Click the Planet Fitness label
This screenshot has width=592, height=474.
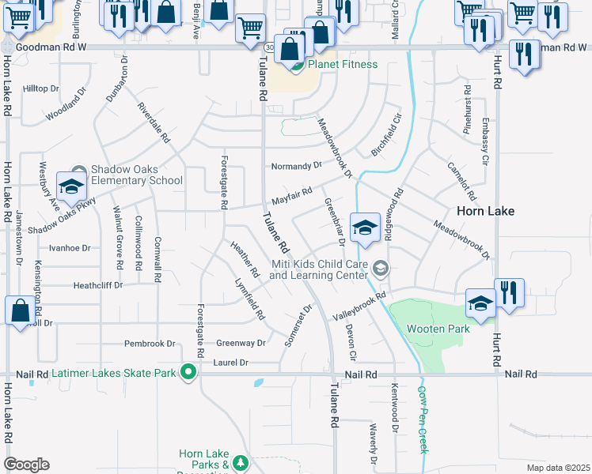[342, 64]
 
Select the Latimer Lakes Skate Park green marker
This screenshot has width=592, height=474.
[188, 371]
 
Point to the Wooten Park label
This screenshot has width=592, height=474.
[438, 329]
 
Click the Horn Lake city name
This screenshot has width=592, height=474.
[485, 211]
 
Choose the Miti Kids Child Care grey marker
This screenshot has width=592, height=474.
[381, 269]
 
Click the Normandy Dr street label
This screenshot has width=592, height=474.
[297, 166]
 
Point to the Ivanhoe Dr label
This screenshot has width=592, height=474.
[70, 247]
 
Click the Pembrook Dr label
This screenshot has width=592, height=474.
[150, 344]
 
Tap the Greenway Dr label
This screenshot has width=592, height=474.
[241, 343]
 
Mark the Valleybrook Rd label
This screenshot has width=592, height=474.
[359, 306]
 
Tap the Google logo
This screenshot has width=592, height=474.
[26, 465]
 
